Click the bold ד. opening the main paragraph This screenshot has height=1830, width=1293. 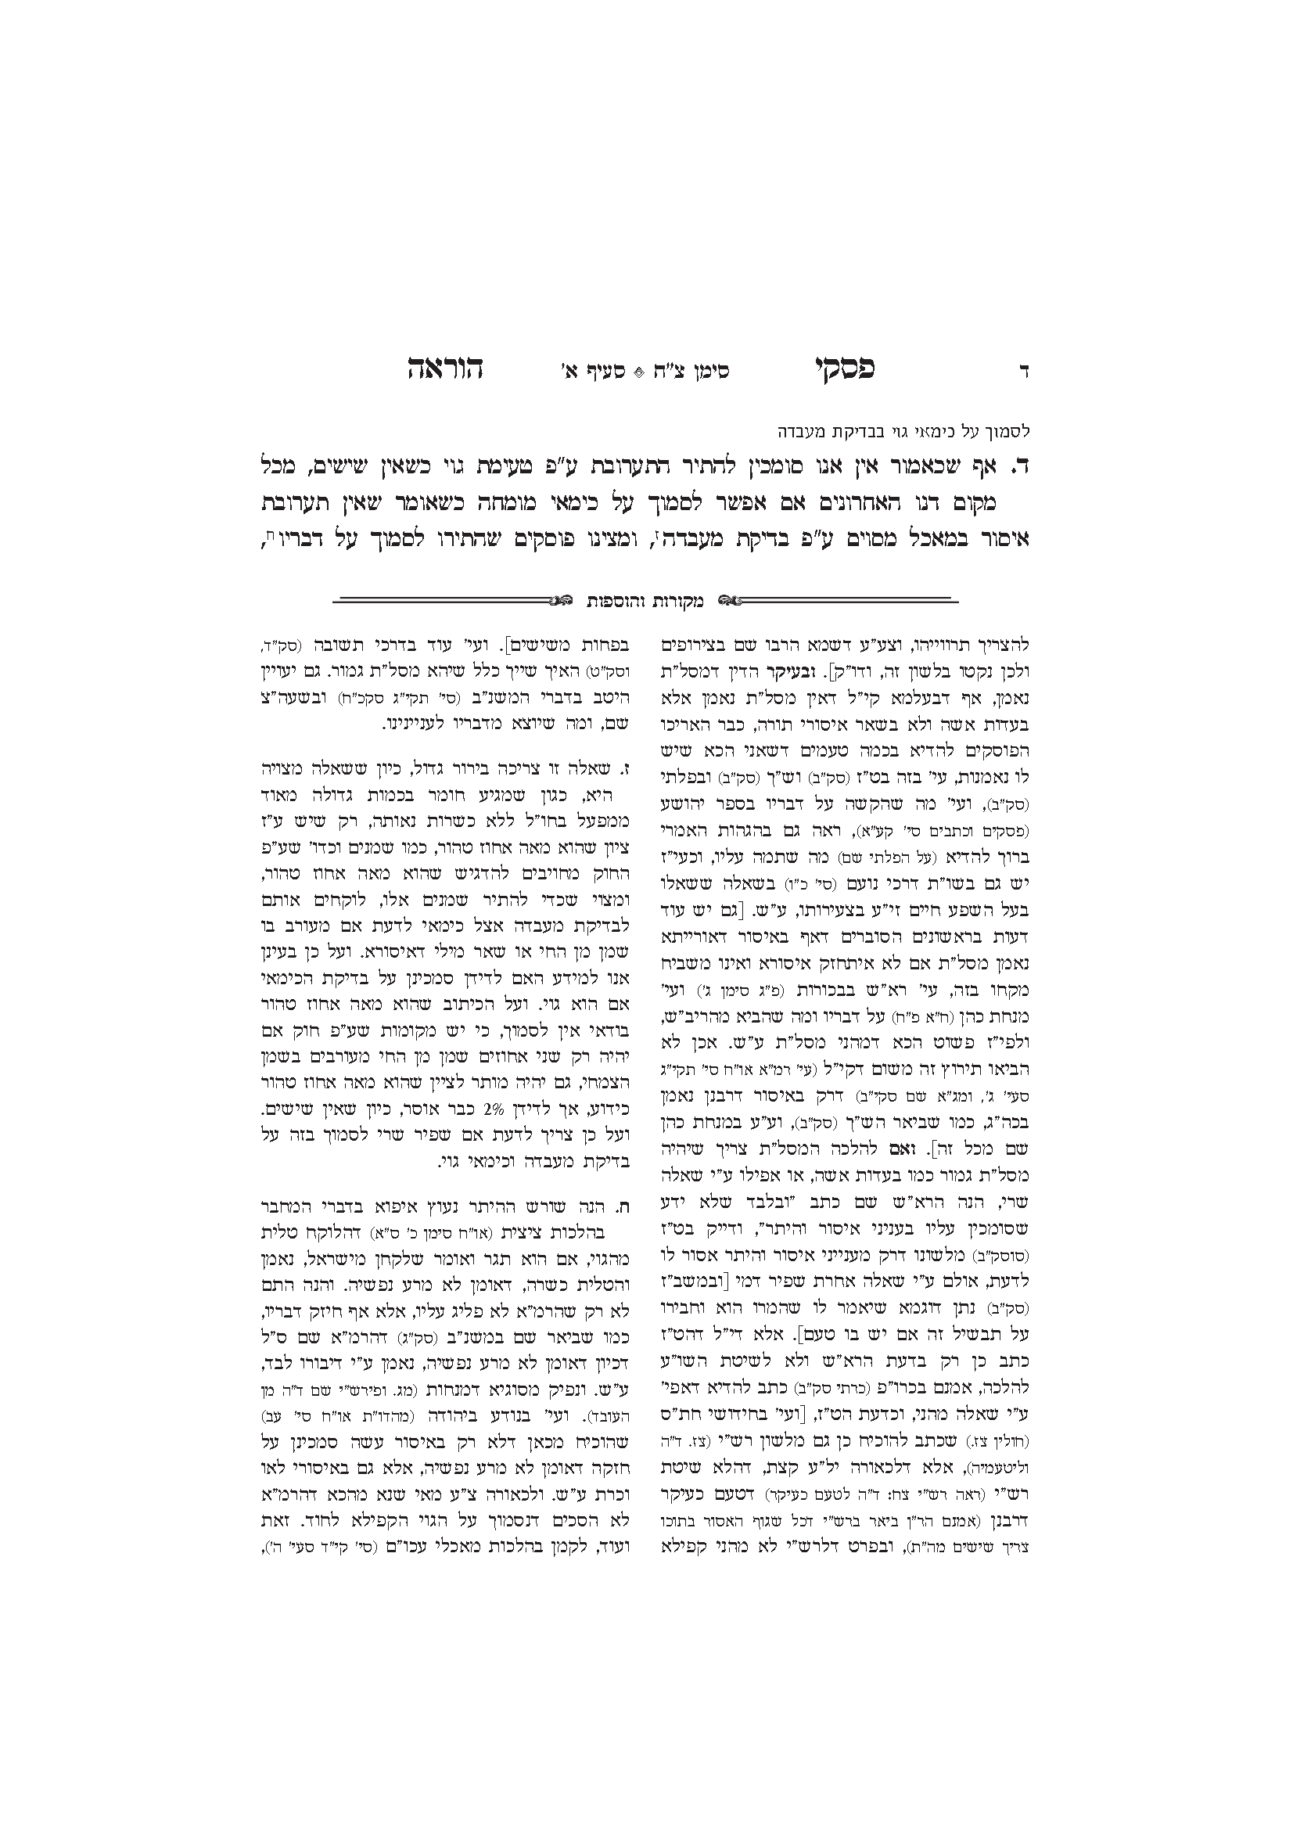(1021, 466)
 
